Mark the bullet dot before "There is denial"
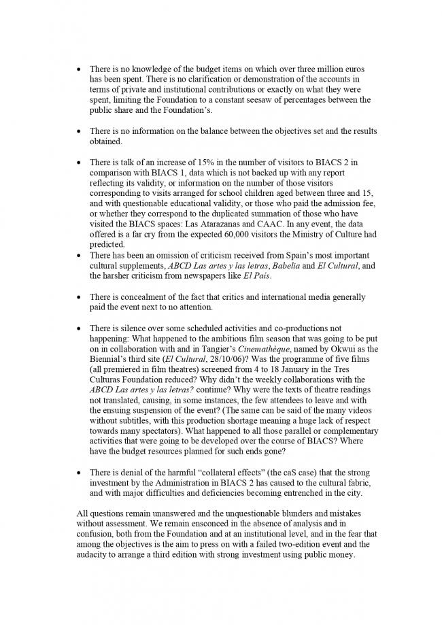(80, 472)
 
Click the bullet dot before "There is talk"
(80, 163)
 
